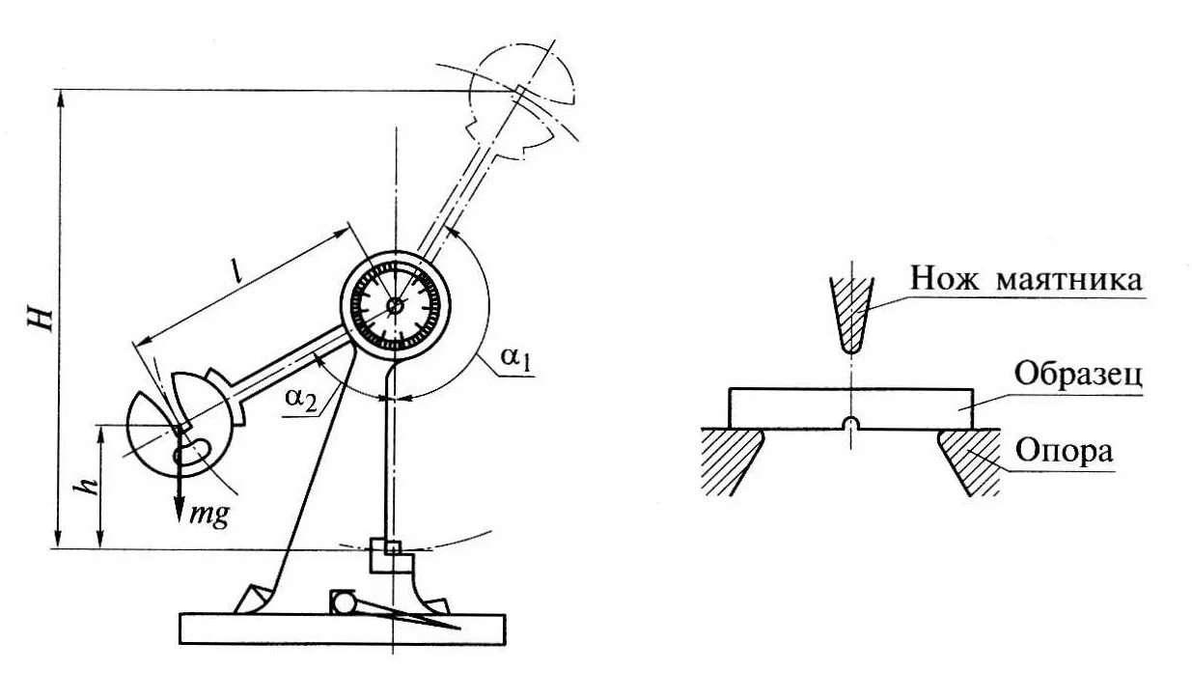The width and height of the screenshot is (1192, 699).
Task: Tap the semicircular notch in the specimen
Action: tap(849, 424)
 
